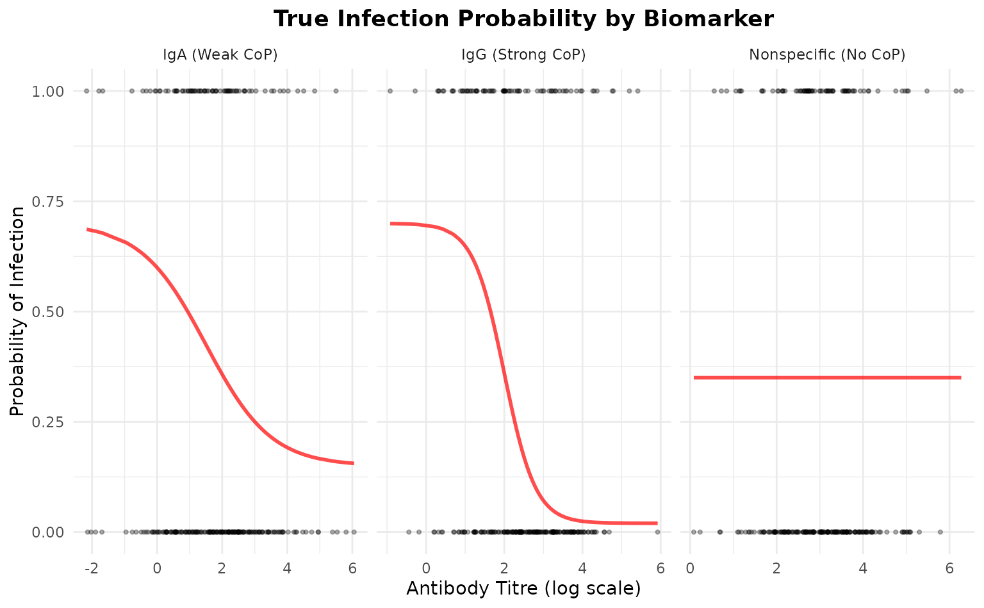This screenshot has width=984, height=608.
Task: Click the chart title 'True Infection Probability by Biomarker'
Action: click(523, 19)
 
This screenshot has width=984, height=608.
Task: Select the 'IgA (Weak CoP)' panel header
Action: click(220, 55)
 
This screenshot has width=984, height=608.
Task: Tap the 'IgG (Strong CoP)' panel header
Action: click(523, 55)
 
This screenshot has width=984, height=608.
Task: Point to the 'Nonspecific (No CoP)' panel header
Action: click(827, 55)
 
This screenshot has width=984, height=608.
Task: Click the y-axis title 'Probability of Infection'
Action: click(17, 311)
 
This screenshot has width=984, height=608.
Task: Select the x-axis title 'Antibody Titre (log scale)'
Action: click(523, 588)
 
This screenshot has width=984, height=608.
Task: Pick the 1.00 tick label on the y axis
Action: click(47, 91)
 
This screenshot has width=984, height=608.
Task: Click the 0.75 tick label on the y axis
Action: click(47, 202)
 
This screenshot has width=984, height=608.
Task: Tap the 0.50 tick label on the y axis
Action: click(47, 312)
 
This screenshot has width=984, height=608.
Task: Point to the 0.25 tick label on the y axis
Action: click(47, 422)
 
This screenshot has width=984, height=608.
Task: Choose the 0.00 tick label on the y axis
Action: click(47, 532)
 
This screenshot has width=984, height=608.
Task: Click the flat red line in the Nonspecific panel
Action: click(827, 377)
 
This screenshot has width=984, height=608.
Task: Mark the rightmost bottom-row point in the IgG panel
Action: click(657, 532)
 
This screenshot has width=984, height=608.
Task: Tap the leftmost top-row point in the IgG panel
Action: click(389, 91)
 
